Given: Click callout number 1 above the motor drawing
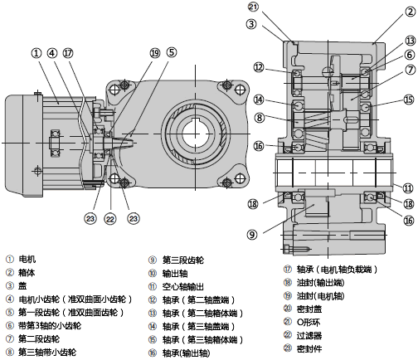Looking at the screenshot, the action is click(x=36, y=53).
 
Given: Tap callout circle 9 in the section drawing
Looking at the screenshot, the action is click(x=251, y=235).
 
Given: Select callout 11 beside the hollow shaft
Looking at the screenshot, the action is click(x=408, y=188).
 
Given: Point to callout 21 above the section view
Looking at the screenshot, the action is click(x=254, y=7).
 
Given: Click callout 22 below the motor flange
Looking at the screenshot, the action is click(x=110, y=219).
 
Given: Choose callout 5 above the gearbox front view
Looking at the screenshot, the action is click(x=172, y=52).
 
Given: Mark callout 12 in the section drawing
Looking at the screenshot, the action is click(x=259, y=67).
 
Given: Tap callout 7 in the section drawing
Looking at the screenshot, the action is click(x=411, y=70).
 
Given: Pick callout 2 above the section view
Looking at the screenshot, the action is click(x=411, y=12).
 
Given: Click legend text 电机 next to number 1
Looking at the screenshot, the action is click(x=27, y=260).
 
